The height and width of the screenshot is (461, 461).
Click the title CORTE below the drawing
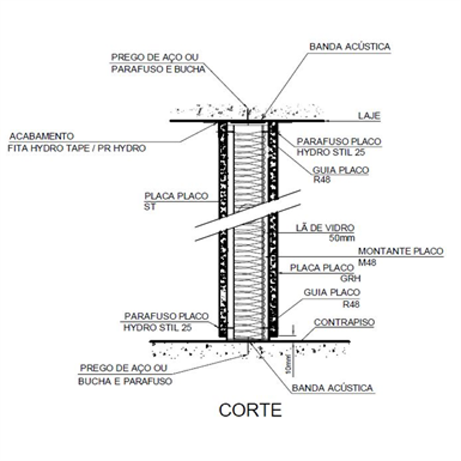click(250, 410)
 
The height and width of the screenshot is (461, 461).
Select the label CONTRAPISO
click(344, 322)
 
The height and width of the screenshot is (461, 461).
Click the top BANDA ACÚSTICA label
click(350, 46)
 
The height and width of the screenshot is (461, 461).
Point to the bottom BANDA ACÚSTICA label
click(333, 388)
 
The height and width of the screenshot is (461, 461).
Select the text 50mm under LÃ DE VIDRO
click(341, 239)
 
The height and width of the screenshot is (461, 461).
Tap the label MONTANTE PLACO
click(401, 251)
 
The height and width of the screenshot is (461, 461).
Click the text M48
click(369, 262)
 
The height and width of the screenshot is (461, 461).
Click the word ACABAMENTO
click(40, 136)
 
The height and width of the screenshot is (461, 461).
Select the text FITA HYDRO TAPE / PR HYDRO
click(76, 148)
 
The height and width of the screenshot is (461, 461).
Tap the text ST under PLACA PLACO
click(150, 206)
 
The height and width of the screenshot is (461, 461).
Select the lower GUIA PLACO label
click(331, 292)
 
